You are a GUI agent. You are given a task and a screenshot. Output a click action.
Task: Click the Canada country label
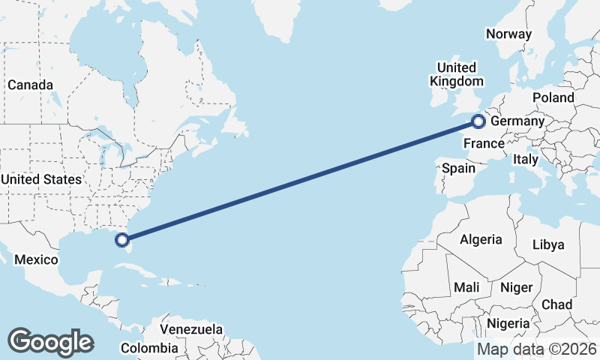30,85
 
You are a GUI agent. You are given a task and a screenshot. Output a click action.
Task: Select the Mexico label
37,259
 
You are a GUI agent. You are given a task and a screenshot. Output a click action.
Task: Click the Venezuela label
191,329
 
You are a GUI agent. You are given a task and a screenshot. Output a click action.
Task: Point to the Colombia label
149,348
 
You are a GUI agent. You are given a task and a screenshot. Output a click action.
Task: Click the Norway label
508,34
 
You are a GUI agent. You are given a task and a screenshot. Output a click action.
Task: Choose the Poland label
553,97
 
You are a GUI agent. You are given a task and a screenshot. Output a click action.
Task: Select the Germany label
517,121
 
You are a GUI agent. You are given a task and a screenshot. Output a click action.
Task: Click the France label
483,143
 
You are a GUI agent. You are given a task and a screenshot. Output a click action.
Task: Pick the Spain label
458,168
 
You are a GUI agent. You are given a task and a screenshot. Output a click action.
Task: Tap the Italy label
526,159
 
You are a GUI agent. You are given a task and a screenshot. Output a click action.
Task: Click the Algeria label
481,240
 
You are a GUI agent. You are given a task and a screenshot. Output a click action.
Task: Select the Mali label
466,287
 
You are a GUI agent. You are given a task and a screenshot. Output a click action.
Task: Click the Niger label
516,287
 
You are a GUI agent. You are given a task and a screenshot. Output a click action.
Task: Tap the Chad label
556,304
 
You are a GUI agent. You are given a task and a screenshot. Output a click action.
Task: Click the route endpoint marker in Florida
122,240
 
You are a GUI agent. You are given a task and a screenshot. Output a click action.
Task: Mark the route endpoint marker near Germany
478,121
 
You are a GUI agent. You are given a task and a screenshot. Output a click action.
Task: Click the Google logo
50,342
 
